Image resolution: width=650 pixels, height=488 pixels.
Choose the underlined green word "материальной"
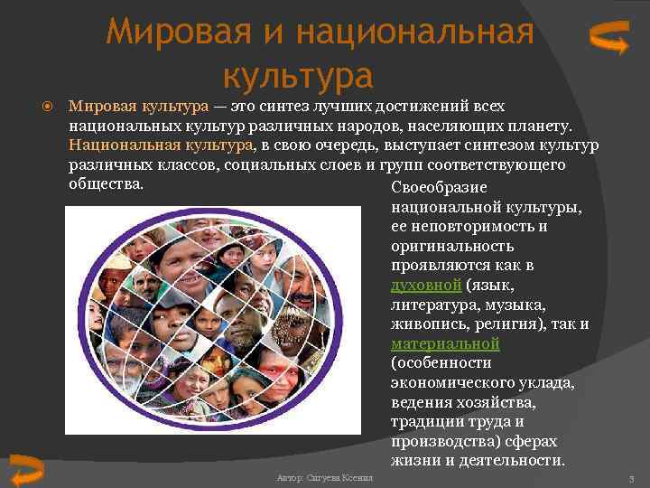pos(445,344)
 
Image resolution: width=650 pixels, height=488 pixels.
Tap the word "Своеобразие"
pos(440,187)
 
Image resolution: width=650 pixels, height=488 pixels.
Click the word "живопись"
pos(427,324)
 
